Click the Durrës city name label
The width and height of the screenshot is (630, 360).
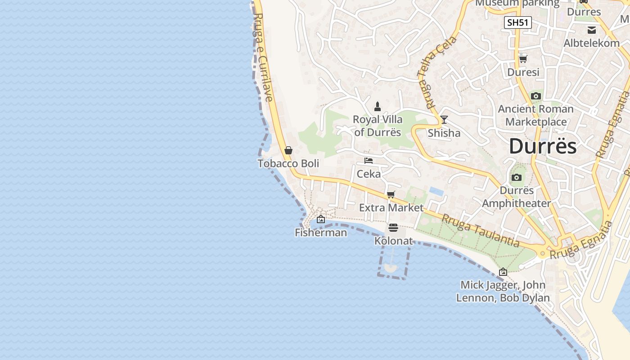pos(543,147)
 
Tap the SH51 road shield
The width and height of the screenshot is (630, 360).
pos(517,22)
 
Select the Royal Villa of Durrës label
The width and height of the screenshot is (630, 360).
pos(377,126)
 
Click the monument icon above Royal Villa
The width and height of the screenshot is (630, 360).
pos(378,107)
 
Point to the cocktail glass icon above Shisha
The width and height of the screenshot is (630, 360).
pos(444,119)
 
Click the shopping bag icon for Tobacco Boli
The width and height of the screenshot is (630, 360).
pos(288,150)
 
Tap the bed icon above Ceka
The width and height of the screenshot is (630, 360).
pos(369,161)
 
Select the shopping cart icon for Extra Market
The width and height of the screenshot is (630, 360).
pos(391,195)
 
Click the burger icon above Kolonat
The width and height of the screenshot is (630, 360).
pos(393,228)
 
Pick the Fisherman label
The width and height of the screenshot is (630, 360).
pos(321,233)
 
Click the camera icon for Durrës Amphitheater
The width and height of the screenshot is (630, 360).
pos(517,177)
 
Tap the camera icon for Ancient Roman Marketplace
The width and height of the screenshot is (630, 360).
pos(535,96)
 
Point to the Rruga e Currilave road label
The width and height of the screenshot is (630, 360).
pos(263,57)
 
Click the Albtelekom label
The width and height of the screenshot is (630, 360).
pos(591,43)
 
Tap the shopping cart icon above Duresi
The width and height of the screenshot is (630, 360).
pos(523,59)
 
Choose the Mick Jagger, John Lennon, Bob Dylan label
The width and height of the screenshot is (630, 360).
pos(503,291)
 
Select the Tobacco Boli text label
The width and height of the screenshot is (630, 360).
pos(288,163)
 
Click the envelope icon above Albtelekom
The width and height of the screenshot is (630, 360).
pos(592,30)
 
